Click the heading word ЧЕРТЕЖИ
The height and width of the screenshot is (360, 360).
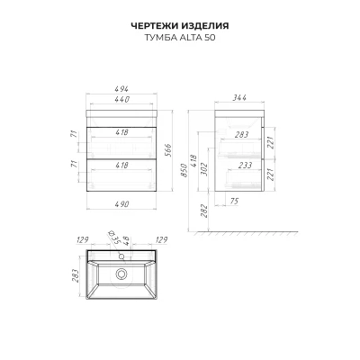click(155, 26)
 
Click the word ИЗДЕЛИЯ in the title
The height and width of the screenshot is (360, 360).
click(205, 26)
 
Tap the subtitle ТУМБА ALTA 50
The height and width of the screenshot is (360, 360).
click(180, 38)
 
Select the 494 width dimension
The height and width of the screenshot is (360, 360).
click(121, 89)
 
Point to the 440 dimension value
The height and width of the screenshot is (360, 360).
click(121, 99)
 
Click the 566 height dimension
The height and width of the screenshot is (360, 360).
click(167, 151)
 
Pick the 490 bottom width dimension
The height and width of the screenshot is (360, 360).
click(121, 204)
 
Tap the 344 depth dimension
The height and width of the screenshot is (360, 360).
click(239, 97)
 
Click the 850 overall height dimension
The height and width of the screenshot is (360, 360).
click(184, 170)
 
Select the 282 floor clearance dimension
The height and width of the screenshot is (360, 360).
click(203, 211)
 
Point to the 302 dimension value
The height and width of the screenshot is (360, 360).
click(203, 170)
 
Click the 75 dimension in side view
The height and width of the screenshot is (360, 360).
click(234, 201)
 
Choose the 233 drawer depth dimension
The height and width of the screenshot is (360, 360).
click(246, 166)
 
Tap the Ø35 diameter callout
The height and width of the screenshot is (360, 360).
click(113, 237)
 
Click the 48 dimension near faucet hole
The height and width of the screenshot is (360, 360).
click(127, 241)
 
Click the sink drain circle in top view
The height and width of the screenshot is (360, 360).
click(121, 274)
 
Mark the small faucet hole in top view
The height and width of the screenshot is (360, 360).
click(121, 256)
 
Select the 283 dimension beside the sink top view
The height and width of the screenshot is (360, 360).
click(75, 276)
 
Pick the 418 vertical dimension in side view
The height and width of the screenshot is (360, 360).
click(193, 161)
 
